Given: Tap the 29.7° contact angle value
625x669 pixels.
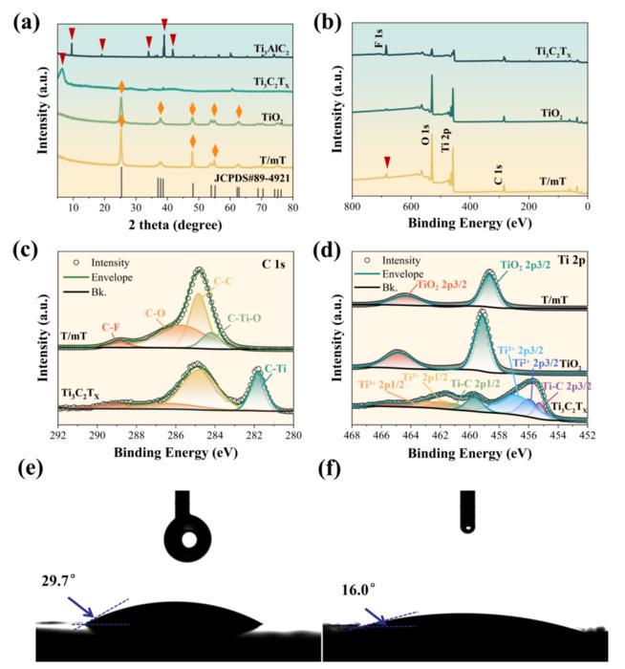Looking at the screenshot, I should click(x=59, y=580).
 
